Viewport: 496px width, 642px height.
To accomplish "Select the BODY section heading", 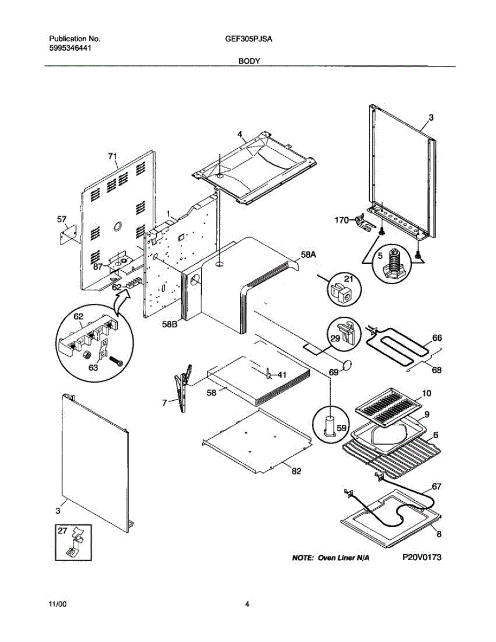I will (249, 62).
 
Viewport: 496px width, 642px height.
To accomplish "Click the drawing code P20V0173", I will (422, 557).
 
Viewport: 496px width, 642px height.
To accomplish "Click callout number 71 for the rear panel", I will (112, 156).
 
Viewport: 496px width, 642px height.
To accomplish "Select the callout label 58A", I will (308, 256).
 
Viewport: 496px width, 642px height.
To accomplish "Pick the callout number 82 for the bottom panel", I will (296, 471).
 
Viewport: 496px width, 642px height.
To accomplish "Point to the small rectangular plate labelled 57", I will (67, 235).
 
